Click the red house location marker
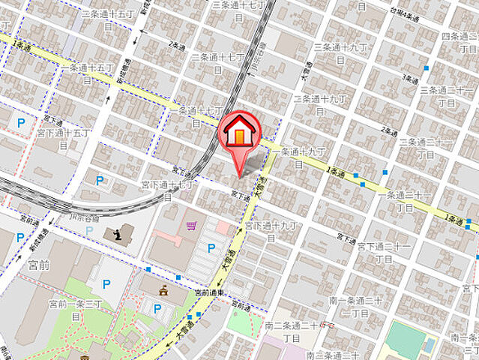coord(239,134)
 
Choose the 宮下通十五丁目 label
coord(67,138)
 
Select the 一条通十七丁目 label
coord(196,115)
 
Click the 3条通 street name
coord(409,76)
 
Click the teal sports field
coord(406,340)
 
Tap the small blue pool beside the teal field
coord(429,344)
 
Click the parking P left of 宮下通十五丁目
coord(20,121)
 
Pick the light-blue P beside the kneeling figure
coord(90,230)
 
